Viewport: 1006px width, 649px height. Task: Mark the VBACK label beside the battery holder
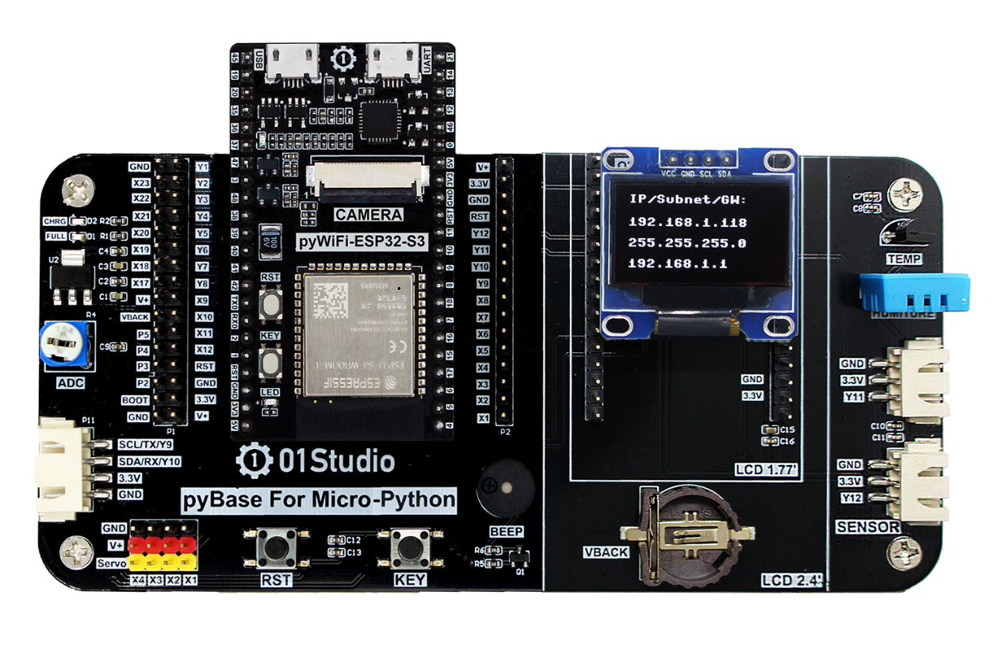tap(605, 552)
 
